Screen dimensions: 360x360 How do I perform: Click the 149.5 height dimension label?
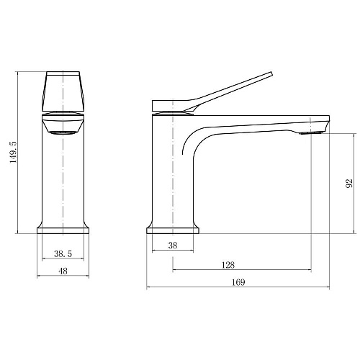[14, 153]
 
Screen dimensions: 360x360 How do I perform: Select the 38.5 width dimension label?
[63, 253]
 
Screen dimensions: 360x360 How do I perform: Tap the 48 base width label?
[63, 271]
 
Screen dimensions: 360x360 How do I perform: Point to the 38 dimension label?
[173, 246]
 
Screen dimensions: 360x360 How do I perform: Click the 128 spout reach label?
[228, 265]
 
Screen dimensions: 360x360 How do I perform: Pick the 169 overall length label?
[238, 282]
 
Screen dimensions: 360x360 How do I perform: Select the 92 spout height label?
[349, 184]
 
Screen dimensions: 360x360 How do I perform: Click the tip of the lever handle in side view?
[272, 73]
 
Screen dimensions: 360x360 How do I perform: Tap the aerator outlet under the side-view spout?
[311, 132]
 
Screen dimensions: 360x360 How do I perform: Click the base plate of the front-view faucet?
[63, 230]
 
